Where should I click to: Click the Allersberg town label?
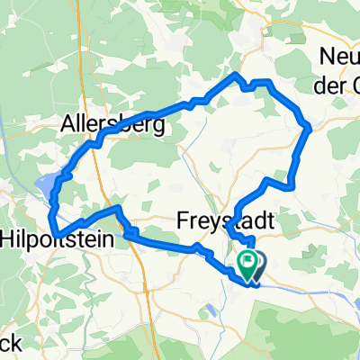tap(113, 125)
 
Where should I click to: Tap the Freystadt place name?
tap(217, 220)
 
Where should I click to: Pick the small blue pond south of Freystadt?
tap(209, 310)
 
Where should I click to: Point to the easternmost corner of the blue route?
tap(310, 128)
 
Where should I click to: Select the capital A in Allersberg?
tap(70, 125)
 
